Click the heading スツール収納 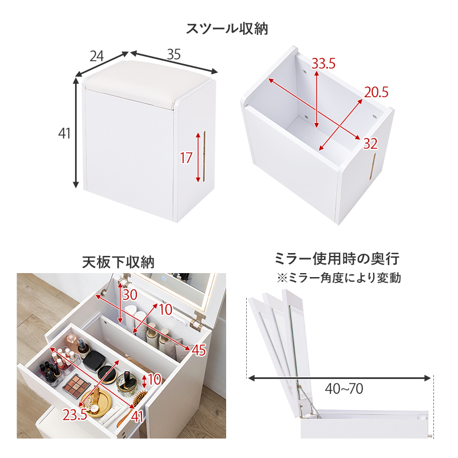(x=227, y=28)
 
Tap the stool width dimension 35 (x=174, y=54)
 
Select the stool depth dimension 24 (x=97, y=56)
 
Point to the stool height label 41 (x=64, y=133)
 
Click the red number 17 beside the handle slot (x=186, y=157)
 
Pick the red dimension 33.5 (x=323, y=64)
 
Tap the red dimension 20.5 (x=376, y=92)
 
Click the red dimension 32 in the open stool (x=370, y=144)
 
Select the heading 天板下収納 (x=118, y=262)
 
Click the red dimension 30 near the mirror (x=130, y=295)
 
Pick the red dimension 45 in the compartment (x=198, y=350)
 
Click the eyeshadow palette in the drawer (x=76, y=384)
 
